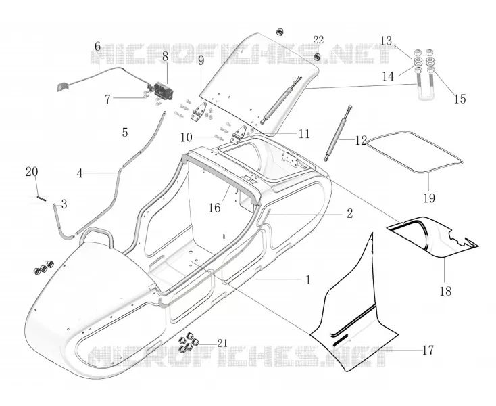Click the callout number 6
point(97,46)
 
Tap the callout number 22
point(318,40)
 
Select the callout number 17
point(428,351)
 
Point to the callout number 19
point(429,198)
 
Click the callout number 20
point(32,172)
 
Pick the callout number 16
point(214,208)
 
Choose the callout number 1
point(307,280)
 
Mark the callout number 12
point(361,140)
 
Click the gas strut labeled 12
point(337,133)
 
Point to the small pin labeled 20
point(42,198)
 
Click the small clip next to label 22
point(317,57)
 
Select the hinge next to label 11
point(239,135)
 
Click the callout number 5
point(125,133)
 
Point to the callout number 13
point(386,41)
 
